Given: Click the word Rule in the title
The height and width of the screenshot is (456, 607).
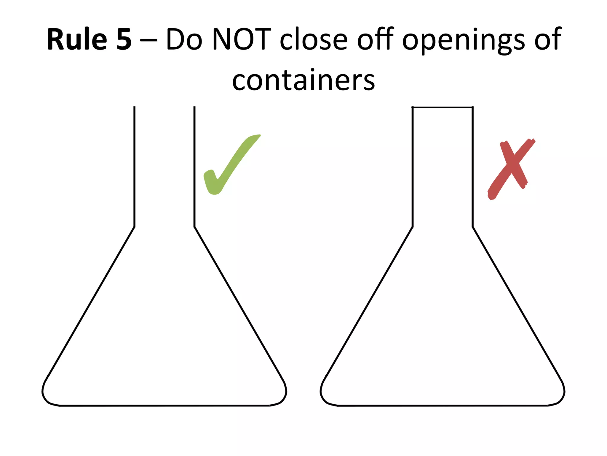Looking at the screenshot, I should pyautogui.click(x=77, y=39).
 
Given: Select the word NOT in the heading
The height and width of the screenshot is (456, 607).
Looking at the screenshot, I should pyautogui.click(x=242, y=39).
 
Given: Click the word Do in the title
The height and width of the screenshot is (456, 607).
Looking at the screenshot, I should pyautogui.click(x=184, y=39).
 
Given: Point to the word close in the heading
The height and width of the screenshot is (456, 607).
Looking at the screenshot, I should pyautogui.click(x=314, y=39).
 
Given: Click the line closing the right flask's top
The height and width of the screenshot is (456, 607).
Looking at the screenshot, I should pyautogui.click(x=443, y=107).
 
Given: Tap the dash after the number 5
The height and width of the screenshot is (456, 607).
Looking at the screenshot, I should pyautogui.click(x=148, y=42).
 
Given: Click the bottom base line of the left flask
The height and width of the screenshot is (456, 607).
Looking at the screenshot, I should pyautogui.click(x=164, y=405).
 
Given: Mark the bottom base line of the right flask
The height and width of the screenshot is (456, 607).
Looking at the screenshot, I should pyautogui.click(x=443, y=405).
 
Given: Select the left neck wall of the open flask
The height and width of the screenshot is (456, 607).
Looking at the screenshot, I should pyautogui.click(x=135, y=166).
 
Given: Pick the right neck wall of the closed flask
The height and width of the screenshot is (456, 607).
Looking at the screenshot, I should pyautogui.click(x=472, y=166).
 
